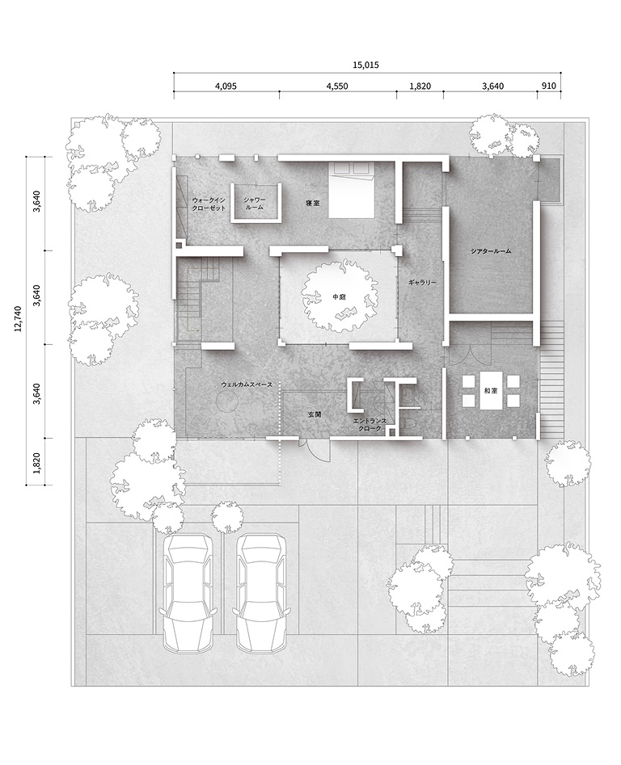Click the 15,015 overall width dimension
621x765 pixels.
[365, 65]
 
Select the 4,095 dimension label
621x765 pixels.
[226, 86]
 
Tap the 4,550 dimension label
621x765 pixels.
[337, 86]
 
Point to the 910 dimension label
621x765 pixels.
[549, 86]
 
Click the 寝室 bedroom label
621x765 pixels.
[313, 203]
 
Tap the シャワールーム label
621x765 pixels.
[255, 204]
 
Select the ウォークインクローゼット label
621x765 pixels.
[209, 204]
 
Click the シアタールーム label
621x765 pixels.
[491, 250]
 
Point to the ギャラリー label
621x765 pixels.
[422, 283]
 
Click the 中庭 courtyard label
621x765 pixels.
[340, 296]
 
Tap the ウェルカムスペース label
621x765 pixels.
[247, 385]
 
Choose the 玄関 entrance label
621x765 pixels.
[315, 414]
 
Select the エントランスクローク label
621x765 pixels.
[370, 424]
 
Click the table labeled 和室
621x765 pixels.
[491, 391]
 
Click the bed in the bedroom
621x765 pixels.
[351, 190]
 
